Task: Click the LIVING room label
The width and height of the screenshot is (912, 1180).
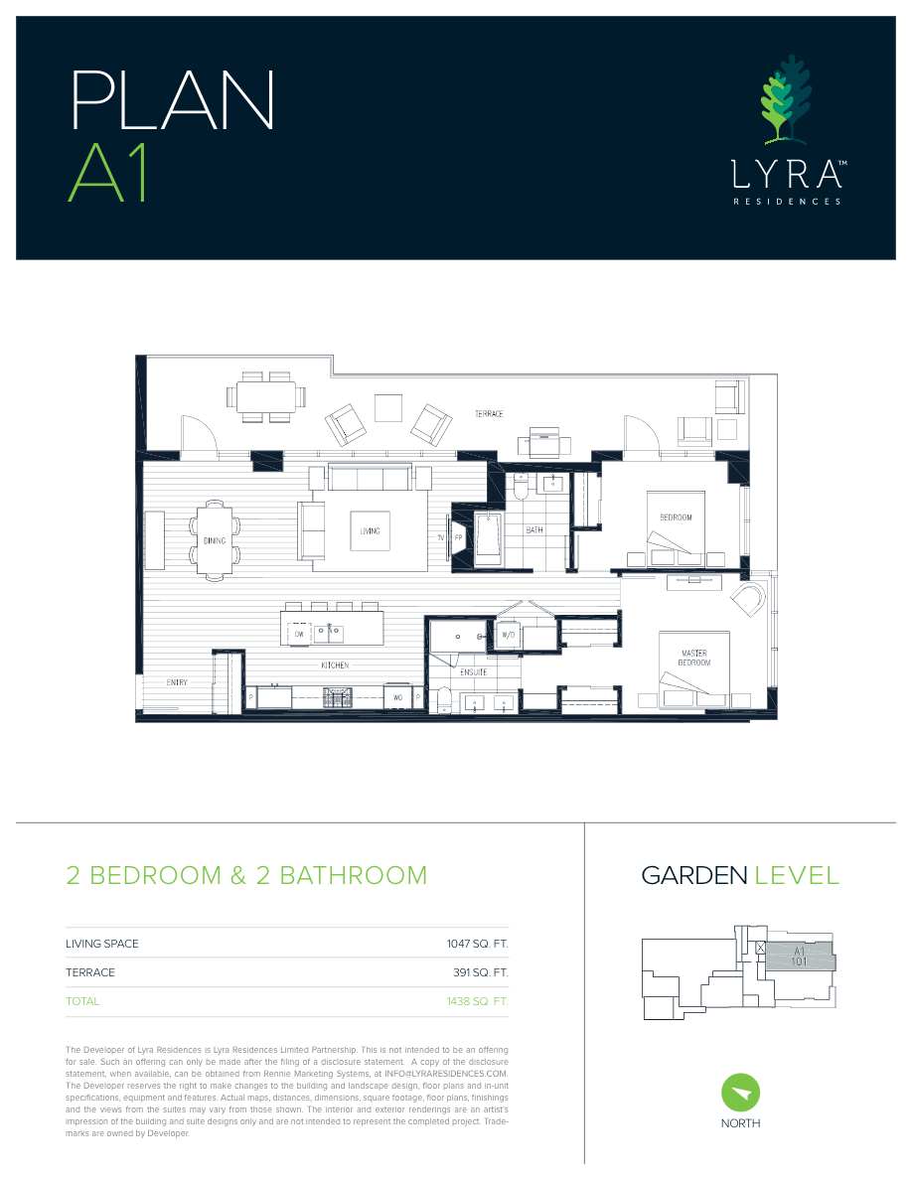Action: point(370,531)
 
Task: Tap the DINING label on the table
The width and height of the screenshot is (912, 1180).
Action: point(215,541)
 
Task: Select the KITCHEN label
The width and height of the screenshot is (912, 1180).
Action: point(334,665)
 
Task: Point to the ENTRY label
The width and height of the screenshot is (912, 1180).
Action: point(177,682)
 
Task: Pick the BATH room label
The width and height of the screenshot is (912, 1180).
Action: point(534,530)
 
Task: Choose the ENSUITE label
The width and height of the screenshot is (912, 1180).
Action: point(474,672)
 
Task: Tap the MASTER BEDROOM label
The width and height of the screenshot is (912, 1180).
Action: point(694,658)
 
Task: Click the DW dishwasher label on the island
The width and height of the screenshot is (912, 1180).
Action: point(299,634)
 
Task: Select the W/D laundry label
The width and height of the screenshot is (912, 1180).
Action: point(507,635)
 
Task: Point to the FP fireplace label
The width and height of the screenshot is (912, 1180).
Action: point(459,537)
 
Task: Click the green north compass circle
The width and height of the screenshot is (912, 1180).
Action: point(740,1094)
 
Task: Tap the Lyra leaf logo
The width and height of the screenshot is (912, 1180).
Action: point(785,99)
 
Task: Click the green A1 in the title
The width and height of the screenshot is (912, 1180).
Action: point(107,173)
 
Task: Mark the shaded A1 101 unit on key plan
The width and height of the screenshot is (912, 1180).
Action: point(800,958)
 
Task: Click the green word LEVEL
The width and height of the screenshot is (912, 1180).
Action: point(797,875)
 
